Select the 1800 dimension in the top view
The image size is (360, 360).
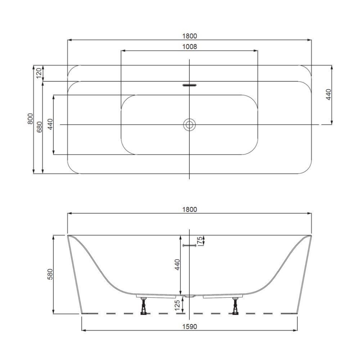(189, 36)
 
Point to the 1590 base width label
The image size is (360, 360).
(189, 326)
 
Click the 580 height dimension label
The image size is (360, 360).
(48, 274)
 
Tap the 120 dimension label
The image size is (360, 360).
(39, 73)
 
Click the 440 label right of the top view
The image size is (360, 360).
(328, 94)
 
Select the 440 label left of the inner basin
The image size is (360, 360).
(50, 124)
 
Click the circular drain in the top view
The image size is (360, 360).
(189, 124)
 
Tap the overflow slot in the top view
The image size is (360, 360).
(189, 85)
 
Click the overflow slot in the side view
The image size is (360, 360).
(190, 246)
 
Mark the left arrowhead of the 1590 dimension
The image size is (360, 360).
(83, 331)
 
